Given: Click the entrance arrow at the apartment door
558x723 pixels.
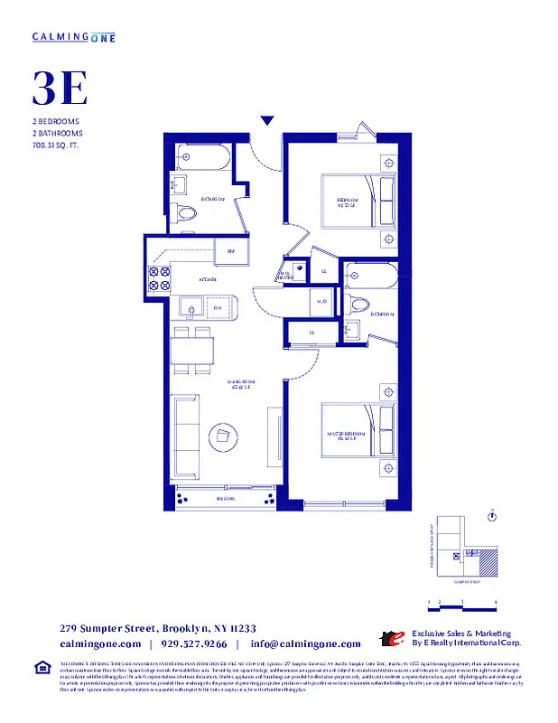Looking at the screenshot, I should click(267, 120).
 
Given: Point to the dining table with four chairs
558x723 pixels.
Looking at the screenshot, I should click(193, 350).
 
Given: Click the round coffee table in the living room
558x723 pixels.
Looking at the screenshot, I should click(223, 437).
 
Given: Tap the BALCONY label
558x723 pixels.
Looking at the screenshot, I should click(224, 499).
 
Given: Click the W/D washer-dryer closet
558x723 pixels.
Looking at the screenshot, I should click(321, 303).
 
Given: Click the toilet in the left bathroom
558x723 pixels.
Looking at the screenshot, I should click(186, 214).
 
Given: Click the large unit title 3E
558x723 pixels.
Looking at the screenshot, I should click(60, 89).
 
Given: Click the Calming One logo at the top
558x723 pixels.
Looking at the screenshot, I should click(73, 36).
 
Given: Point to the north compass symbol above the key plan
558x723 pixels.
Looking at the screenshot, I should click(493, 516).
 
